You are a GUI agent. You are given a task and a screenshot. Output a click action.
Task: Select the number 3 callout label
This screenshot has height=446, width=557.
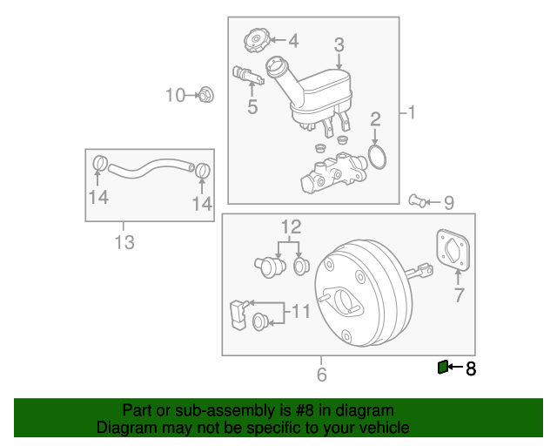pyautogui.click(x=339, y=44)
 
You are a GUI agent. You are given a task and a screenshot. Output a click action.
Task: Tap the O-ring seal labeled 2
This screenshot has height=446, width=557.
pyautogui.click(x=376, y=157)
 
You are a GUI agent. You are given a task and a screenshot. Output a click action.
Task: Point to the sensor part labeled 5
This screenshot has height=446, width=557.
pyautogui.click(x=248, y=78)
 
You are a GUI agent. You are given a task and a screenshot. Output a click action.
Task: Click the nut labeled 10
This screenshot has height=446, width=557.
pyautogui.click(x=206, y=94)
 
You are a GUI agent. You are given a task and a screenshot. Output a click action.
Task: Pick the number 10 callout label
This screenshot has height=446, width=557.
pyautogui.click(x=176, y=95)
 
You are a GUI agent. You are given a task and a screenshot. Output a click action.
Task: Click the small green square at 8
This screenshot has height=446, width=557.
pyautogui.click(x=442, y=368)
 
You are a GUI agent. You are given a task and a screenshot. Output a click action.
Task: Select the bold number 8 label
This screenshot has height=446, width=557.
pyautogui.click(x=471, y=368)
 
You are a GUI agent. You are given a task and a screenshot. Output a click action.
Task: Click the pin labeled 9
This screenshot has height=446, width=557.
pyautogui.click(x=419, y=202)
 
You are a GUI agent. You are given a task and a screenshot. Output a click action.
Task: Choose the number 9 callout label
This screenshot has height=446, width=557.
pyautogui.click(x=449, y=203)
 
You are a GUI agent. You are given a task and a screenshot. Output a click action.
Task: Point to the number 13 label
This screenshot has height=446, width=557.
pyautogui.click(x=125, y=242)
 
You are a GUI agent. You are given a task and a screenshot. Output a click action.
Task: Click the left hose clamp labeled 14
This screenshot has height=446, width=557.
pyautogui.click(x=98, y=163)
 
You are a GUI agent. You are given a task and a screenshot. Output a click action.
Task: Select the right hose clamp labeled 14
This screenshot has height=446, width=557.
pyautogui.click(x=203, y=171)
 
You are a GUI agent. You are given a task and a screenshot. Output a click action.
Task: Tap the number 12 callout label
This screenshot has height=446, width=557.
pyautogui.click(x=290, y=227)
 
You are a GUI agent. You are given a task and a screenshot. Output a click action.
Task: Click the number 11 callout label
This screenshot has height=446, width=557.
pyautogui.click(x=299, y=311)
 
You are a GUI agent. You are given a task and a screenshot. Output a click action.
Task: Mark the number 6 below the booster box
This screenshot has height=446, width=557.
pyautogui.click(x=321, y=375)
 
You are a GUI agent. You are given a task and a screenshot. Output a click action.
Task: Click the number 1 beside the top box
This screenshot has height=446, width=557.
pyautogui.click(x=412, y=112)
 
